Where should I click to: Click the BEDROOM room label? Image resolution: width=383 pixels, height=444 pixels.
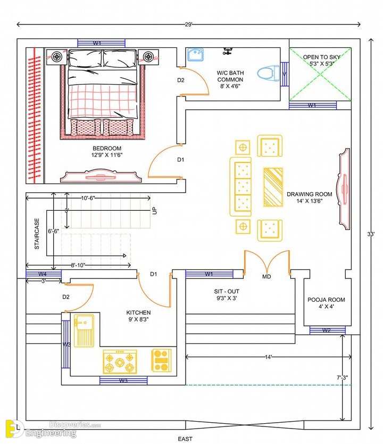[x=107, y=149]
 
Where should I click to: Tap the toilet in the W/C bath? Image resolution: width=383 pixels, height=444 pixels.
[x=268, y=73]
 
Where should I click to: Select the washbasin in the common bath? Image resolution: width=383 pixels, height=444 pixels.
[x=195, y=55]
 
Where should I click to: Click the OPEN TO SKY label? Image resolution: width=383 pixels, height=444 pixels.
[x=322, y=57]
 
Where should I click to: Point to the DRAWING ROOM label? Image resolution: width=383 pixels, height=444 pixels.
[x=310, y=194]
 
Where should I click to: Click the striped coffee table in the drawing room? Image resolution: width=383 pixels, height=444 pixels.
[x=273, y=187]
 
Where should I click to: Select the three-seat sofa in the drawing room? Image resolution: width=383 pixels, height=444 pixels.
[x=241, y=187]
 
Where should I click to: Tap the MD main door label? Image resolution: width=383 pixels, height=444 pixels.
[x=267, y=277]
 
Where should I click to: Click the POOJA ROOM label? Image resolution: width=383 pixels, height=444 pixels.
[x=326, y=300]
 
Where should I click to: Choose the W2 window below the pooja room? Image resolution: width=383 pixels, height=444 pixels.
[x=327, y=331]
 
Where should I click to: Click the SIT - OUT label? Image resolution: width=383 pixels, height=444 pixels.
[x=227, y=291]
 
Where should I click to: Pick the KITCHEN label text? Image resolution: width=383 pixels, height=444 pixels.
[x=138, y=313]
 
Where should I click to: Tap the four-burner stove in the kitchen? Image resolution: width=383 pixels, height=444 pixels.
[x=120, y=361]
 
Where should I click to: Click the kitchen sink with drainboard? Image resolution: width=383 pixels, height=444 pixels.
[x=84, y=331]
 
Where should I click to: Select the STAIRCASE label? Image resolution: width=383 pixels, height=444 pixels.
[x=37, y=234]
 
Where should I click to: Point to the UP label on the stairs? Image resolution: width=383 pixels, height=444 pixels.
[x=154, y=211]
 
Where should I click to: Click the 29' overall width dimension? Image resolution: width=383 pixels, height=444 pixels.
[x=189, y=24]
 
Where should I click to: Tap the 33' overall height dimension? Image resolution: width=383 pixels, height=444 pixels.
[x=371, y=234]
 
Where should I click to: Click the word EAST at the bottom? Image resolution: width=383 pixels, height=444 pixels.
[x=185, y=439]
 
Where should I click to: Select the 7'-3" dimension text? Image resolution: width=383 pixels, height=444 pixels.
[x=342, y=377]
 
